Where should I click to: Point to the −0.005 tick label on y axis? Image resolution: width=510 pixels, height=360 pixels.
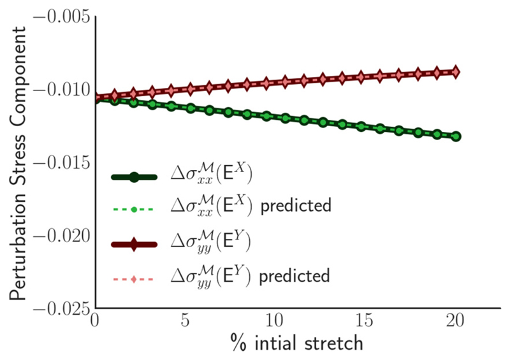point(59,16)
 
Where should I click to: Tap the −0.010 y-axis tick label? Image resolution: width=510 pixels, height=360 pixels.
point(59,89)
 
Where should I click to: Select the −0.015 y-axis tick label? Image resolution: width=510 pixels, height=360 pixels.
point(59,162)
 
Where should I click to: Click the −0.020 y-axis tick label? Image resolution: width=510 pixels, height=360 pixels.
point(59,236)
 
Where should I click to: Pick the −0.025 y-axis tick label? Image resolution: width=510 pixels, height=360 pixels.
point(59,308)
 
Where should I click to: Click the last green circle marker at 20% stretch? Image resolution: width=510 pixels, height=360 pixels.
point(456,136)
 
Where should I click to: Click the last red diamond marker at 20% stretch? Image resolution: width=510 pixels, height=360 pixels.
point(456,71)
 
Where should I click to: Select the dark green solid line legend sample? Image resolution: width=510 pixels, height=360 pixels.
point(134,177)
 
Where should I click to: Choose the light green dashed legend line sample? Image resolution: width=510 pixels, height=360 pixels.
point(134,208)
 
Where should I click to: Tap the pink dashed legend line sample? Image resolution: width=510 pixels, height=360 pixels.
point(134,278)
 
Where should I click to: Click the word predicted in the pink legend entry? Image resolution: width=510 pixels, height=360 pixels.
point(298,276)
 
